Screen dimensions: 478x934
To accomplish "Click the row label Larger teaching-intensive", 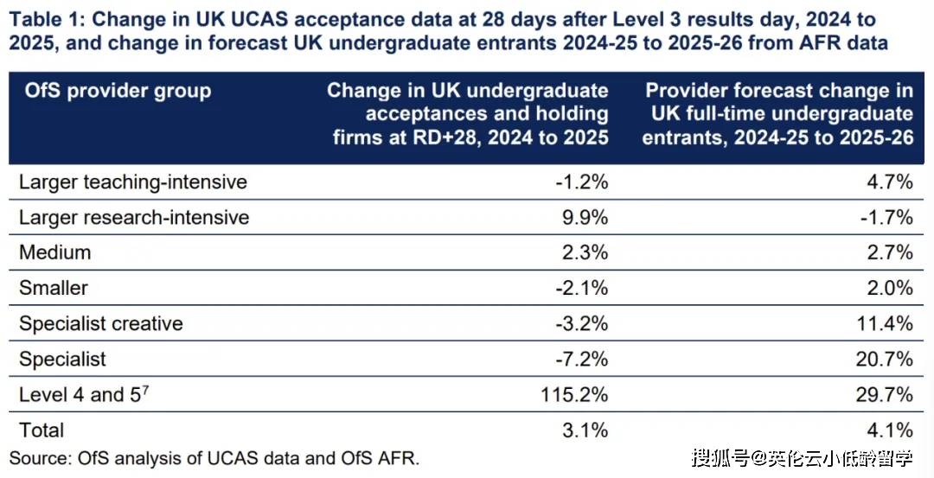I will (133, 182).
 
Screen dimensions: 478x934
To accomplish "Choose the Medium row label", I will (54, 252).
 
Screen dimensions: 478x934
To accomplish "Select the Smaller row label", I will (54, 288).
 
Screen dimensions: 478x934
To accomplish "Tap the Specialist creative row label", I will (101, 324).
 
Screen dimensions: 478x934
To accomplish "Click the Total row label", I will (42, 430).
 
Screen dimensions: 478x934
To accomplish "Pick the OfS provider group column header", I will (115, 91).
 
